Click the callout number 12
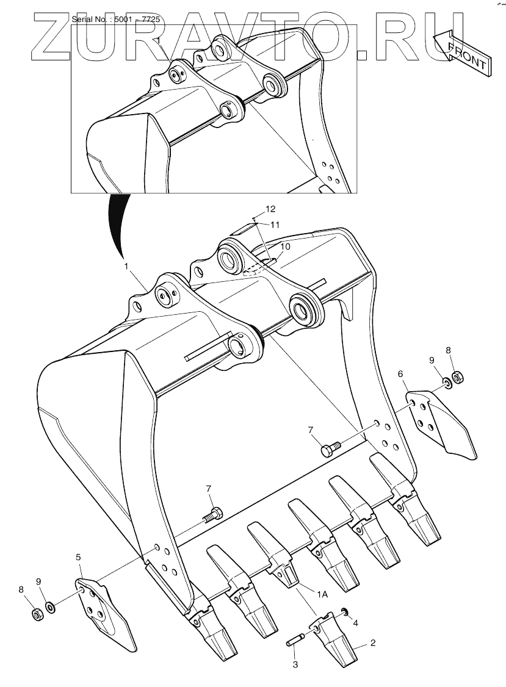point(270,209)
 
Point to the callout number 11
point(275,225)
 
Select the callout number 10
point(285,246)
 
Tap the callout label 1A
point(322,594)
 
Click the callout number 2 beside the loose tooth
point(373,642)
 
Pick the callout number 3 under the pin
point(295,664)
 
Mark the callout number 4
point(356,622)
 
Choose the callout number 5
point(78,557)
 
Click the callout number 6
point(400,374)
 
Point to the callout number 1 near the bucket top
point(126,266)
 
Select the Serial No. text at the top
point(116,20)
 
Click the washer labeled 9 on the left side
point(51,608)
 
